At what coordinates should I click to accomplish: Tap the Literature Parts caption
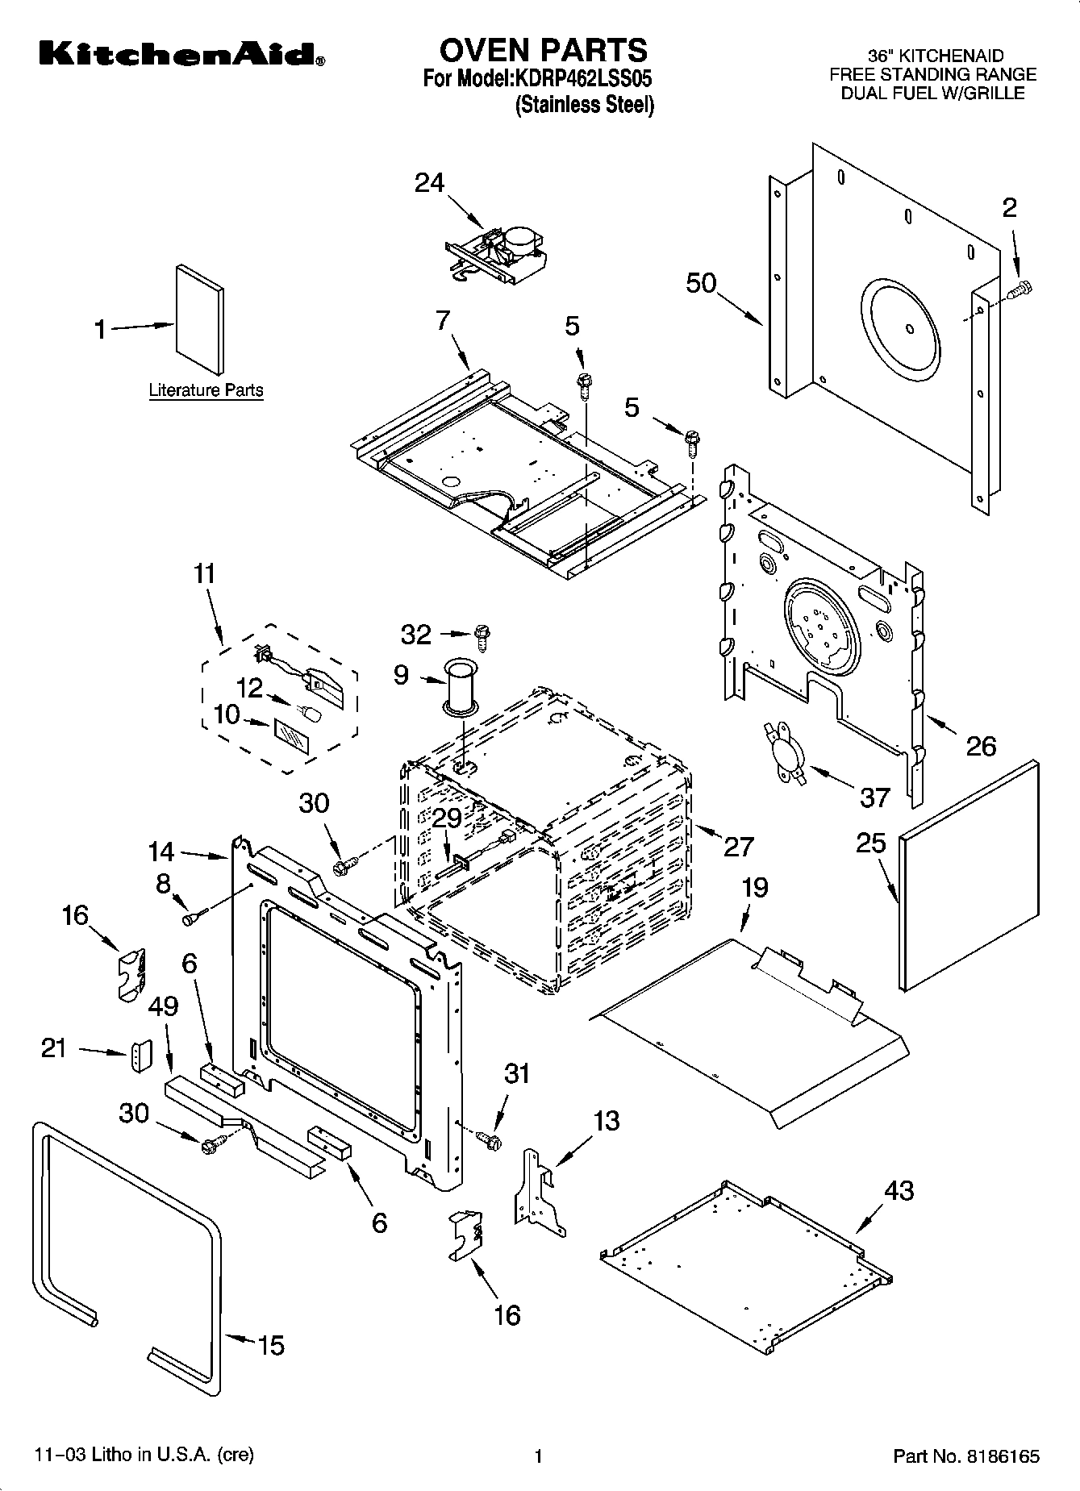point(206,390)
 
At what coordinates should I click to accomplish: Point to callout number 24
point(429,183)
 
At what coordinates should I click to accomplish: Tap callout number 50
point(701,283)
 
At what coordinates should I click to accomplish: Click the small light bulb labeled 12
point(311,713)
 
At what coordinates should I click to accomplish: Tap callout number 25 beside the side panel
point(871,843)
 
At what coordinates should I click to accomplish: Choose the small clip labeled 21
point(141,1056)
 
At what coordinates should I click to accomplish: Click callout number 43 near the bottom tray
point(899,1190)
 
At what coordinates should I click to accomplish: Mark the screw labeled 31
point(490,1139)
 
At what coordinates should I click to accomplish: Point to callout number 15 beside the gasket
point(271,1345)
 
